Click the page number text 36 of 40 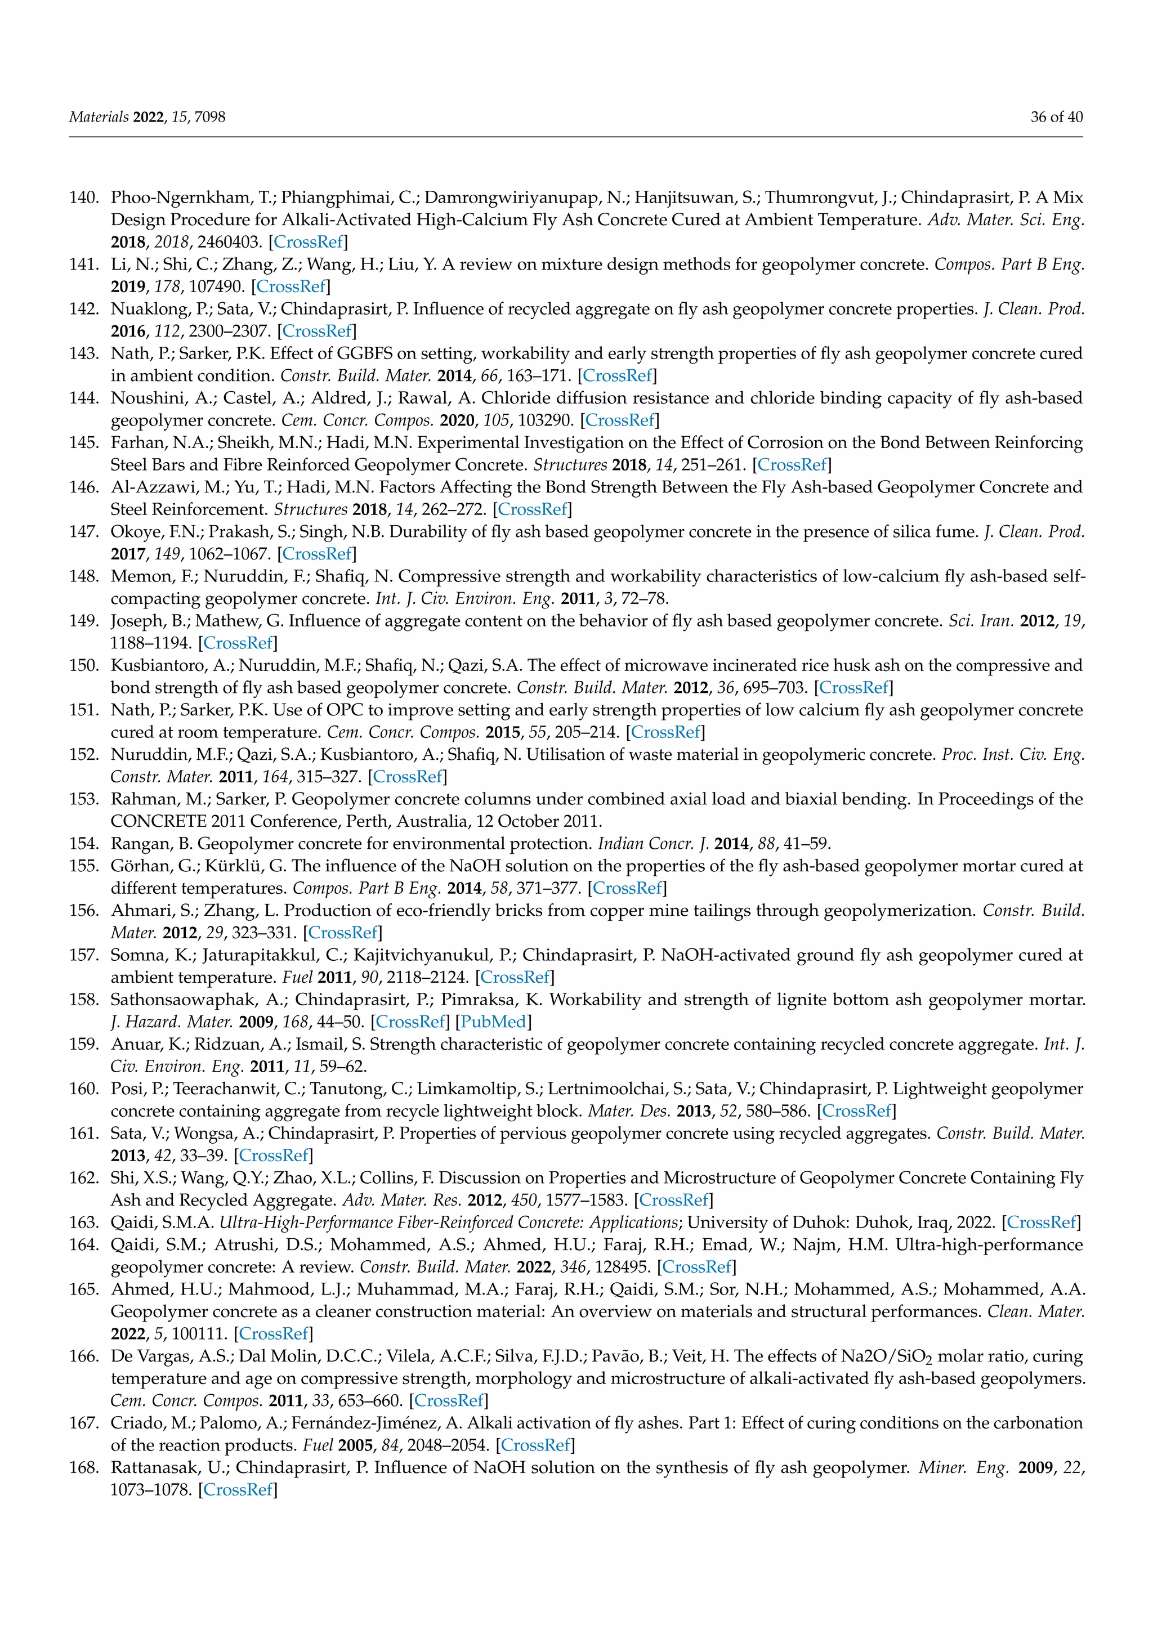click(x=1056, y=117)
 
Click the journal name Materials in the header click(x=99, y=117)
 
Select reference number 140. click(x=83, y=198)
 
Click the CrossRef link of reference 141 click(x=291, y=287)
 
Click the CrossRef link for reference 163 click(x=1042, y=1222)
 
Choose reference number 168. click(x=83, y=1467)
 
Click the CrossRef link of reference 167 click(x=535, y=1445)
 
